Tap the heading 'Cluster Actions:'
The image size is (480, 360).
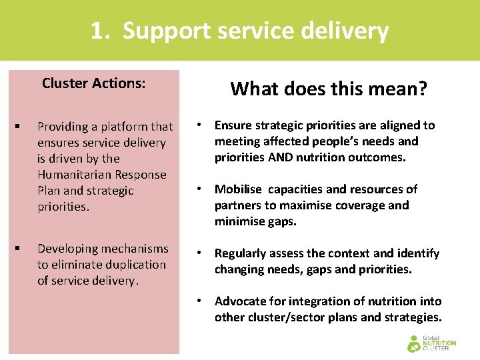tap(94, 83)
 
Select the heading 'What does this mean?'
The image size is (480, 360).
tap(329, 89)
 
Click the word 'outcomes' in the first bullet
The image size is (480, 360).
tap(398, 157)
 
